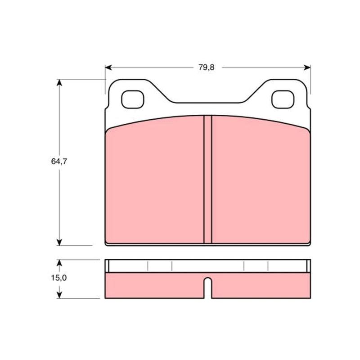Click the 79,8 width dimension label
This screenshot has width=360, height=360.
coord(207,67)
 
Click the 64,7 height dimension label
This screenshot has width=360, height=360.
coord(59,162)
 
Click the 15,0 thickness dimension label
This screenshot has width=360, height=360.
coord(59,278)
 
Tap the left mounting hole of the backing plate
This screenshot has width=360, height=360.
coord(132,99)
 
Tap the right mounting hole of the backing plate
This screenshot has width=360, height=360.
coord(283,99)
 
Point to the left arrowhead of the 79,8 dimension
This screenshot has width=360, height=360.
coord(108,67)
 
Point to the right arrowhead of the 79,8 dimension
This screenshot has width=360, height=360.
coord(307,67)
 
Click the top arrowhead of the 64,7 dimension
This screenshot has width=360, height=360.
coord(59,83)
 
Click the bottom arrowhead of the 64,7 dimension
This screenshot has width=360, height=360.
coord(59,242)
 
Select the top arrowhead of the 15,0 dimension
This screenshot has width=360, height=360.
coord(59,263)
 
